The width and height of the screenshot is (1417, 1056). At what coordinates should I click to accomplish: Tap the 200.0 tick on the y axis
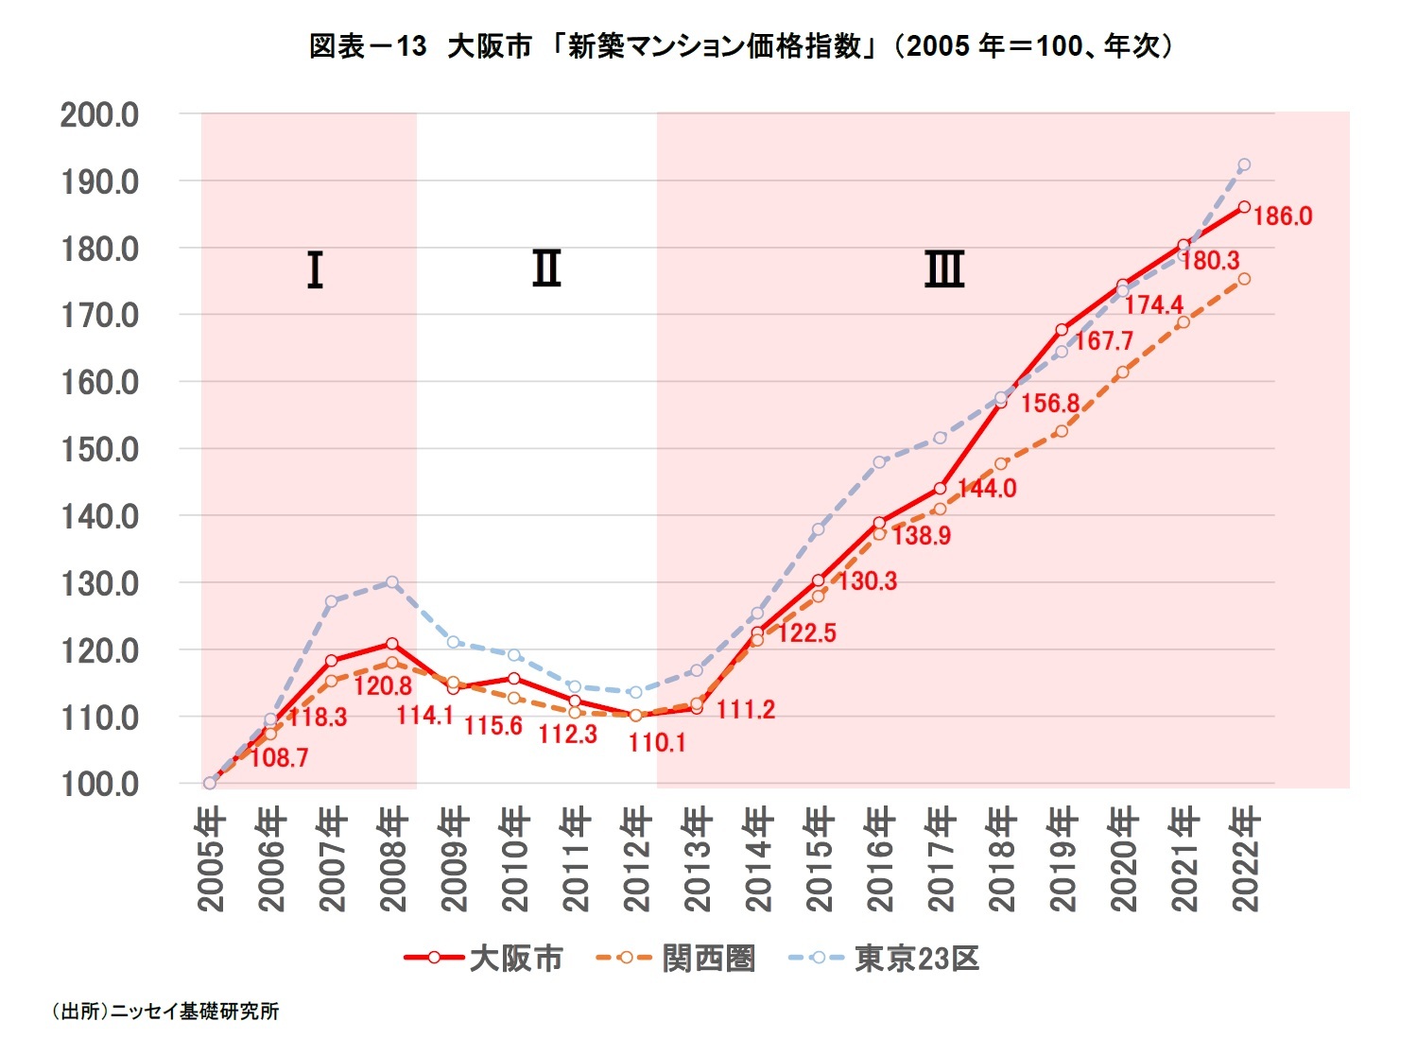tap(99, 114)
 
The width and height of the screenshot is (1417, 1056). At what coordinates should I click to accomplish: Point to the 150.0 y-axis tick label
tap(99, 450)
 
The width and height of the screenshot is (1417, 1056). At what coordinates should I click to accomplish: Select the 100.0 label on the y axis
tap(99, 785)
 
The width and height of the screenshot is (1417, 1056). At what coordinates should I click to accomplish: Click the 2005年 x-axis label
tap(211, 858)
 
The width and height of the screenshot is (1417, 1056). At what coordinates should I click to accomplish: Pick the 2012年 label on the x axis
tap(636, 858)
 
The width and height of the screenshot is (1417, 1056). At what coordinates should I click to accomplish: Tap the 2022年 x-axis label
tap(1245, 858)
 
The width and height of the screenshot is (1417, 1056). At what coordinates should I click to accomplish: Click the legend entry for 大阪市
tap(484, 958)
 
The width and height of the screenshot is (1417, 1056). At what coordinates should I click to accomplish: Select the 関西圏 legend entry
tap(677, 958)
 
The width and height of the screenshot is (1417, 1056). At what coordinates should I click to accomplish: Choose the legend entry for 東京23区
tap(884, 958)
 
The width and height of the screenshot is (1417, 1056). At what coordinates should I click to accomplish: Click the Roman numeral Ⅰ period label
tap(316, 270)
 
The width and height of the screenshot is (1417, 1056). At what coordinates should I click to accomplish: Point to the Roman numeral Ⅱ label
tap(546, 269)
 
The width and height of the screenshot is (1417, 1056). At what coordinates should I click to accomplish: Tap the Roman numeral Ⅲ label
tap(943, 269)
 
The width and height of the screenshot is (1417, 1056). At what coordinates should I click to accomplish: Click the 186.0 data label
tap(1283, 216)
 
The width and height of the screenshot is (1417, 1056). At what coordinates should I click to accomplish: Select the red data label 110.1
tap(657, 743)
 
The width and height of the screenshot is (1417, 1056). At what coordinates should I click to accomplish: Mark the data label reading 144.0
tap(987, 489)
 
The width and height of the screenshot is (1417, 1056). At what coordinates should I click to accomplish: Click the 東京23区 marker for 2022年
tap(1244, 164)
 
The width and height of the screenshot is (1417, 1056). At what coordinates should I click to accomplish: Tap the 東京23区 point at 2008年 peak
tap(392, 582)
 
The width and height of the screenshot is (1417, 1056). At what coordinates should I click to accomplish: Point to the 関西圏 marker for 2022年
tap(1244, 279)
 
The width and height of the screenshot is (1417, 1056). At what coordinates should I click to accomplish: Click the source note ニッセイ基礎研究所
tap(165, 1012)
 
